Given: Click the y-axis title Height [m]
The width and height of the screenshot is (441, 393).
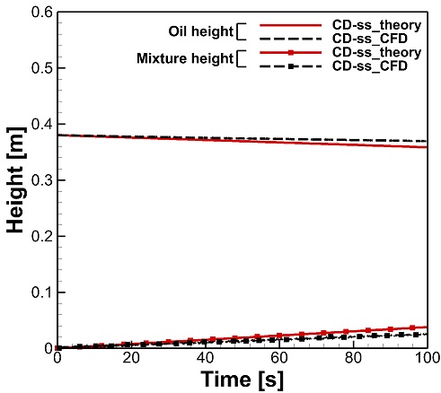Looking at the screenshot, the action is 15,179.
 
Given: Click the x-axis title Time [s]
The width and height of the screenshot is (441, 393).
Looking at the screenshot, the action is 242,380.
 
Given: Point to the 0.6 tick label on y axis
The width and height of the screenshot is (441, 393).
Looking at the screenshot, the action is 42,13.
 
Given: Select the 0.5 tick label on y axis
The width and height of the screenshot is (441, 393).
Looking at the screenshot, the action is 42,68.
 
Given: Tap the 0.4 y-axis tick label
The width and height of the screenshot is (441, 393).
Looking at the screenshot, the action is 42,124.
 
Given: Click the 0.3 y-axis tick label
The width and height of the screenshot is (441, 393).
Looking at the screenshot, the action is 42,180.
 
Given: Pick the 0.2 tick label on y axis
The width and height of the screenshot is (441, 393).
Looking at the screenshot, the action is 42,236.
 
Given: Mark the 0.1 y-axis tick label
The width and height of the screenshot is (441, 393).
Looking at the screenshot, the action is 42,293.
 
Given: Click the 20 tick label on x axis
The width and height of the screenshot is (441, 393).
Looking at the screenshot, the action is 131,358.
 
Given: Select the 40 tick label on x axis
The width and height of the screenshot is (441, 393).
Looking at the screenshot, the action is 206,358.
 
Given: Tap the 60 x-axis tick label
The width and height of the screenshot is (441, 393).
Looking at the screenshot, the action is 279,358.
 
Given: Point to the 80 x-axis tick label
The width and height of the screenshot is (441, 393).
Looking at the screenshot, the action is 353,358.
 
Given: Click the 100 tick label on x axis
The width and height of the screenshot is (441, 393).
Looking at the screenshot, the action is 428,358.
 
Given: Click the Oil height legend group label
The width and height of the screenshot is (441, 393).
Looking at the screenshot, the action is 200,31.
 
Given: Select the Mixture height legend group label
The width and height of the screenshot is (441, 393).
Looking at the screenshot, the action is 185,58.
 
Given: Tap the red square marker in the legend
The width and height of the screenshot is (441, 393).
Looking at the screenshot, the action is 290,53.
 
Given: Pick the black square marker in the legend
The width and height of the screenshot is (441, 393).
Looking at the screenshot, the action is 290,66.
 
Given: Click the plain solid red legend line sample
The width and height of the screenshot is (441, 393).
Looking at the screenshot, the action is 290,26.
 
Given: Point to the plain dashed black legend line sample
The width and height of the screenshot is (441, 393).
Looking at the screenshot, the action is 290,39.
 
